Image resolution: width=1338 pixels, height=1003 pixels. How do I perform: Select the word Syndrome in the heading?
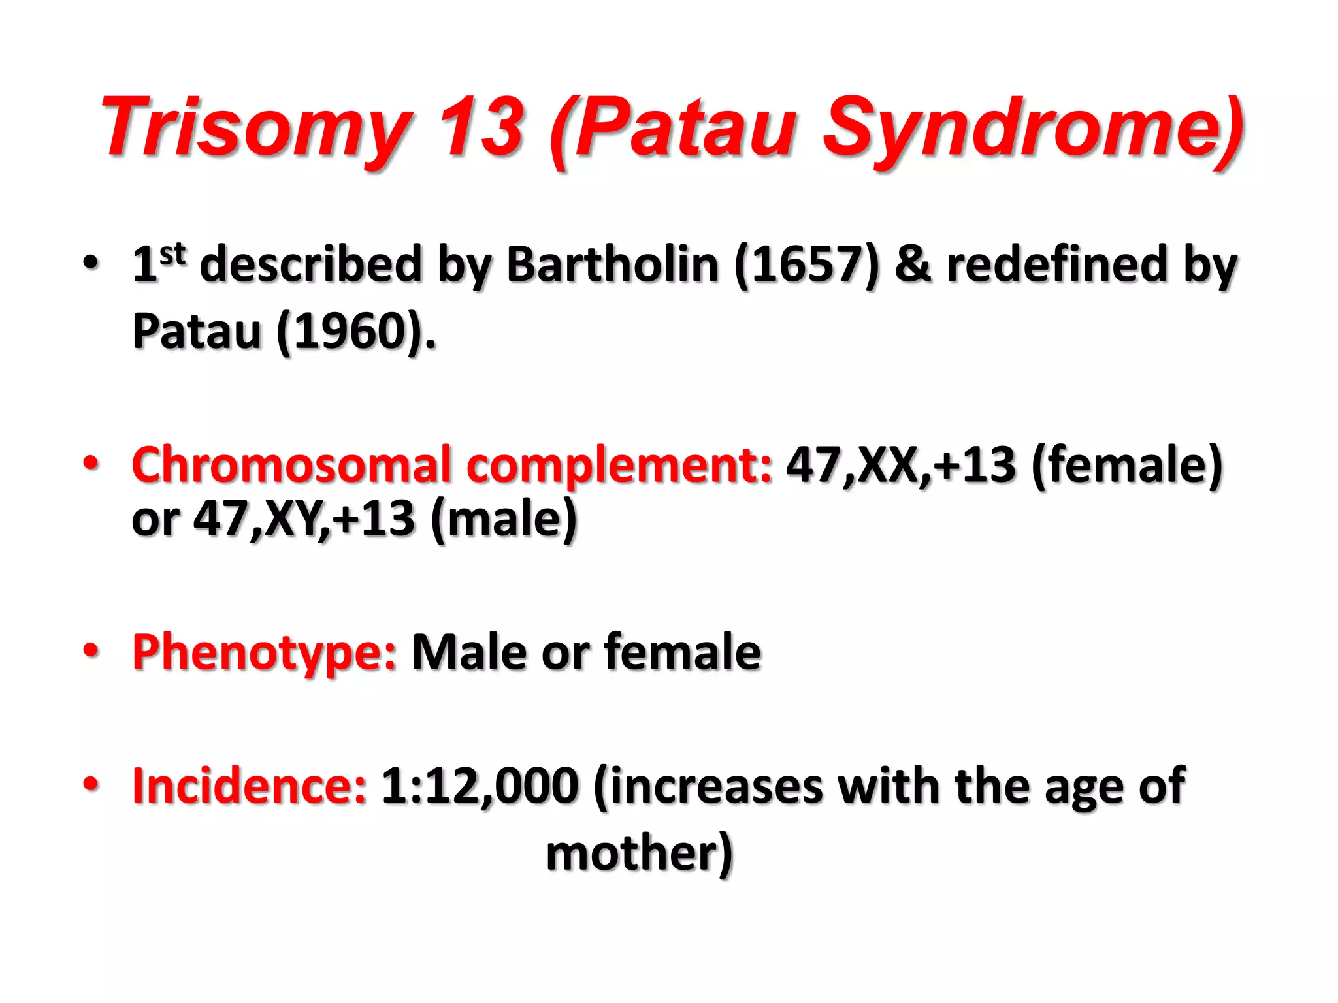click(x=1032, y=127)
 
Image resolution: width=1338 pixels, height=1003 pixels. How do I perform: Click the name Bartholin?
click(x=612, y=264)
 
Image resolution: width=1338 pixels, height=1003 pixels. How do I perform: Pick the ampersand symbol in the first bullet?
click(x=913, y=264)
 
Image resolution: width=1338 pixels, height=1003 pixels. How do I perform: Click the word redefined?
click(x=1057, y=264)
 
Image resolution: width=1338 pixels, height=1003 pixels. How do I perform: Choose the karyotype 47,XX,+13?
click(x=901, y=465)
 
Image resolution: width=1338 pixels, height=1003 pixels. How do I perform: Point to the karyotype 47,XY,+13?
click(x=304, y=519)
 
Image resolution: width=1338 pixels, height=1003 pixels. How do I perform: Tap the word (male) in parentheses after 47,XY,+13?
click(x=504, y=519)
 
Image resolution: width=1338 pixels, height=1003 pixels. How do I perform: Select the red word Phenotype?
click(x=264, y=652)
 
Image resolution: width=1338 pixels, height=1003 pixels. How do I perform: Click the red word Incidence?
click(x=249, y=786)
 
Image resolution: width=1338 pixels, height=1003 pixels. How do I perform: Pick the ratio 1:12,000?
click(x=480, y=786)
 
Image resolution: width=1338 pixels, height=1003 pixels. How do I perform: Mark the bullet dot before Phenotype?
click(x=91, y=650)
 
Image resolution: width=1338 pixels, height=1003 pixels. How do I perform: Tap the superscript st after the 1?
click(x=173, y=254)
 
